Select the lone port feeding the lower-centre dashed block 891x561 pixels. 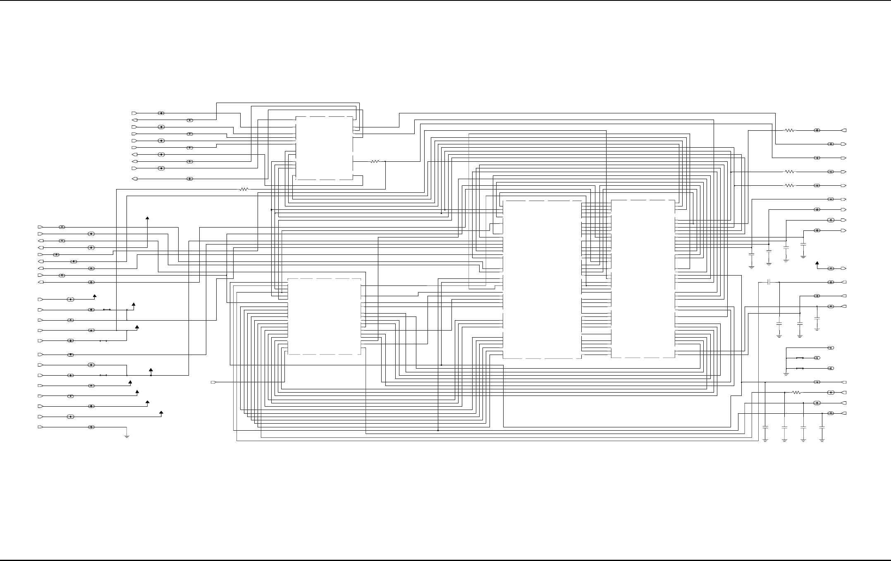(214, 382)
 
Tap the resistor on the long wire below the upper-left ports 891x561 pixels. (244, 189)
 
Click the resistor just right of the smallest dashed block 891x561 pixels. (375, 162)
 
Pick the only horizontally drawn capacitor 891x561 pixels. (769, 282)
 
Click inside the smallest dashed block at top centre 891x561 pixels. (324, 148)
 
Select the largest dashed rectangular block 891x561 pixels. (542, 279)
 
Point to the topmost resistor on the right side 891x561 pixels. (790, 130)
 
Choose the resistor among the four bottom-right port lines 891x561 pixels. (796, 392)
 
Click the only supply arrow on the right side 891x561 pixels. (817, 264)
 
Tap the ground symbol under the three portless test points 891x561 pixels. (786, 374)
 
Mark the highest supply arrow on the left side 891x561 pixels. (147, 218)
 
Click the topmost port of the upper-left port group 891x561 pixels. (134, 113)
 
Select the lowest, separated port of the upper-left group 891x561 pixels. (134, 179)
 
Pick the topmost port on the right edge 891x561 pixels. (844, 130)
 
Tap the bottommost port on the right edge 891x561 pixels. (844, 413)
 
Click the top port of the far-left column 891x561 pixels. (40, 227)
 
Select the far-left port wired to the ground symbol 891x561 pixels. (40, 427)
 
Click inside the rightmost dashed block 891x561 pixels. (643, 279)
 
